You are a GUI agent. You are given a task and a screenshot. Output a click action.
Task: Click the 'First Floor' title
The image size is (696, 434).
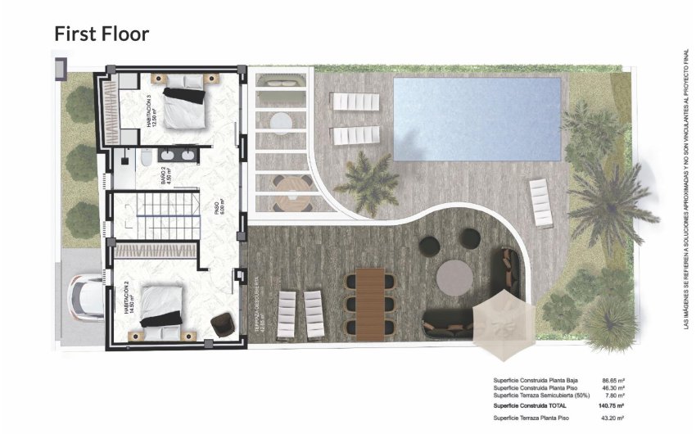coord(102,34)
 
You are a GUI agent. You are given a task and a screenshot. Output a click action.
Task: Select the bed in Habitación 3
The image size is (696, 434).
coord(184,106)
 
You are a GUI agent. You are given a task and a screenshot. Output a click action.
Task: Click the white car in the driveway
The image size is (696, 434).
coord(86,296)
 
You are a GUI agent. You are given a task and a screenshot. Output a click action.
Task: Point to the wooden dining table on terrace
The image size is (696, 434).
coord(371,302)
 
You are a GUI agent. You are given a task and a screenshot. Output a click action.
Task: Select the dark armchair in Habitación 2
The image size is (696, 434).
coord(221,324)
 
